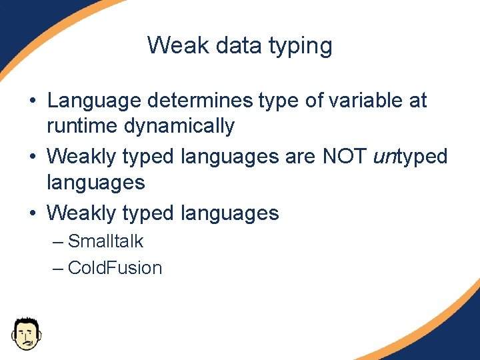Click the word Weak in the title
click(178, 45)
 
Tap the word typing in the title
click(301, 47)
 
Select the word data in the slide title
click(239, 45)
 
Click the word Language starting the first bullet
click(94, 101)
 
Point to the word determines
click(200, 100)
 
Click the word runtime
click(82, 125)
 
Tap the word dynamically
click(179, 127)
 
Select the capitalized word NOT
click(345, 156)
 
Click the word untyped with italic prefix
click(410, 157)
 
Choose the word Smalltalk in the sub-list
click(105, 241)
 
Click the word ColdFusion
click(115, 268)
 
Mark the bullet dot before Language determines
click(33, 100)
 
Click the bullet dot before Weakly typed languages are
click(33, 157)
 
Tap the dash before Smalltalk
click(58, 243)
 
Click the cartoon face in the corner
click(27, 334)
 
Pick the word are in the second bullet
click(300, 157)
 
